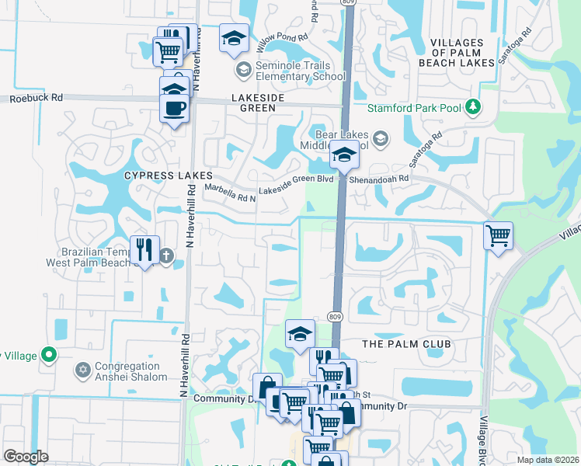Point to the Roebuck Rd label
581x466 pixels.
(x=36, y=99)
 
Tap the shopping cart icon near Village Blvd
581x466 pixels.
(x=498, y=234)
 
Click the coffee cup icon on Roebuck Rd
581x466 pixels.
(x=174, y=107)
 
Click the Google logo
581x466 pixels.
(x=26, y=457)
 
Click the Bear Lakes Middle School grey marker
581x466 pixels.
(x=380, y=139)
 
